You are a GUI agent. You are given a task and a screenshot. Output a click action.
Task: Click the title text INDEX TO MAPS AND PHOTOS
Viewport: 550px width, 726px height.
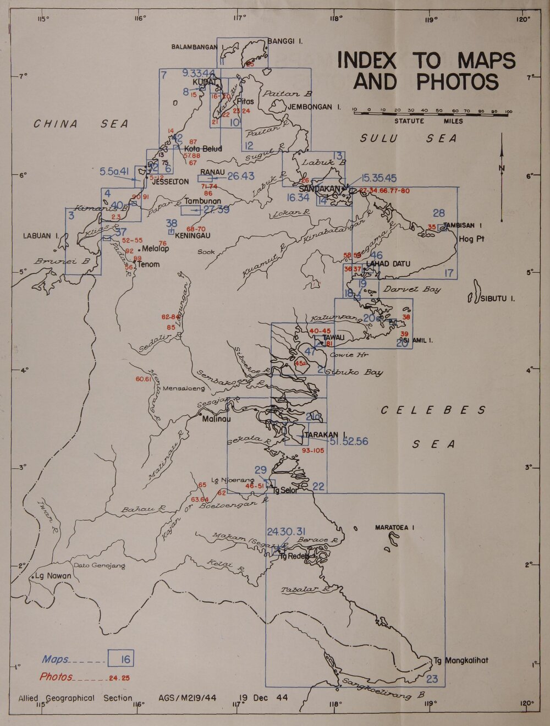point(426,70)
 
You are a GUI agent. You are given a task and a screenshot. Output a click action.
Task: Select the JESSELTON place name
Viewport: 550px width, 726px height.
point(170,182)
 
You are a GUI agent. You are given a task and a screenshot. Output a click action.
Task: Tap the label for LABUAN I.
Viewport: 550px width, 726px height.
point(41,236)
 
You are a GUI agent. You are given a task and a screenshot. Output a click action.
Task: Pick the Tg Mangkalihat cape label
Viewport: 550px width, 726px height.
point(460,661)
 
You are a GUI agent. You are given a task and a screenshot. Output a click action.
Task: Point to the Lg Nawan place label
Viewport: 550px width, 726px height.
point(53,576)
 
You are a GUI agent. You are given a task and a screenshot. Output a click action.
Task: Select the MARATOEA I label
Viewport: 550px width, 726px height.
point(394,527)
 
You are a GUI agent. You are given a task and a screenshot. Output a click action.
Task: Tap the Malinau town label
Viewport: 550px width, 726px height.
point(217,419)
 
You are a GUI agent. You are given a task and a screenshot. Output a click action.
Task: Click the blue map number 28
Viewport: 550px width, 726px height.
point(438,213)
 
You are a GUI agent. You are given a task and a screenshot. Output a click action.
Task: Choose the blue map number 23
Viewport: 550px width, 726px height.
point(432,679)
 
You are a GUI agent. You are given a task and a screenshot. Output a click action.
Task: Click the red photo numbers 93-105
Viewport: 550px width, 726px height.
point(313,450)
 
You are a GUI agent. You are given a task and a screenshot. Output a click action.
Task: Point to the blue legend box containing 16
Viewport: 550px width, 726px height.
point(121,658)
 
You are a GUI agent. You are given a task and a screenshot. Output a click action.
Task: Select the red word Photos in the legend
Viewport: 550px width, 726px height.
point(56,676)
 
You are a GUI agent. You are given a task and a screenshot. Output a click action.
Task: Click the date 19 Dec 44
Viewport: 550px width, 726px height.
point(263,697)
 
